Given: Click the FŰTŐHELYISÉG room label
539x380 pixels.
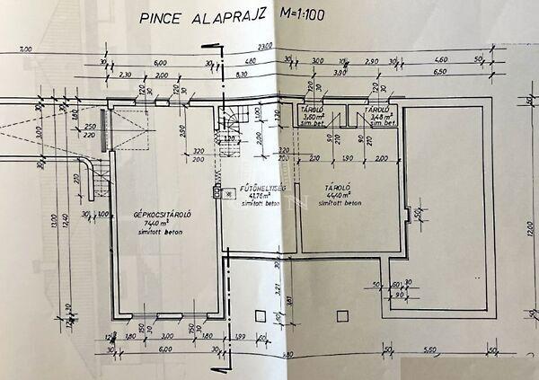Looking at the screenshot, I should (x=260, y=190).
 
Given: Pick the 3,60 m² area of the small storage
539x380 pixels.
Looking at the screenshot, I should (x=314, y=117).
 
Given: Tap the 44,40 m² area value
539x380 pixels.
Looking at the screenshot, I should (x=339, y=195).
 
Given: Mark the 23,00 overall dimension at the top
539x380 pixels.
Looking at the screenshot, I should (x=264, y=47).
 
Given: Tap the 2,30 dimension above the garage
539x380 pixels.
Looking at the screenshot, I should (x=125, y=75).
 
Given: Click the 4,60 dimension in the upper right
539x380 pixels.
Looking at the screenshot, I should (x=251, y=61).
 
